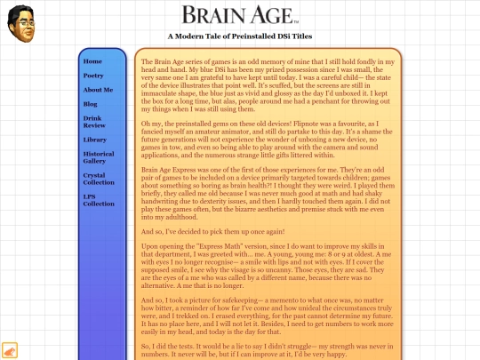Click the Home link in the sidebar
coord(92,61)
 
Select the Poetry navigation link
coord(93,76)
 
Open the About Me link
coord(98,90)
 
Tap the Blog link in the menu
coord(91,104)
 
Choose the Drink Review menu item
coord(93,123)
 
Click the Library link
coord(95,140)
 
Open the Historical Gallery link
coord(99,158)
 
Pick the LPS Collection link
coord(99,200)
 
